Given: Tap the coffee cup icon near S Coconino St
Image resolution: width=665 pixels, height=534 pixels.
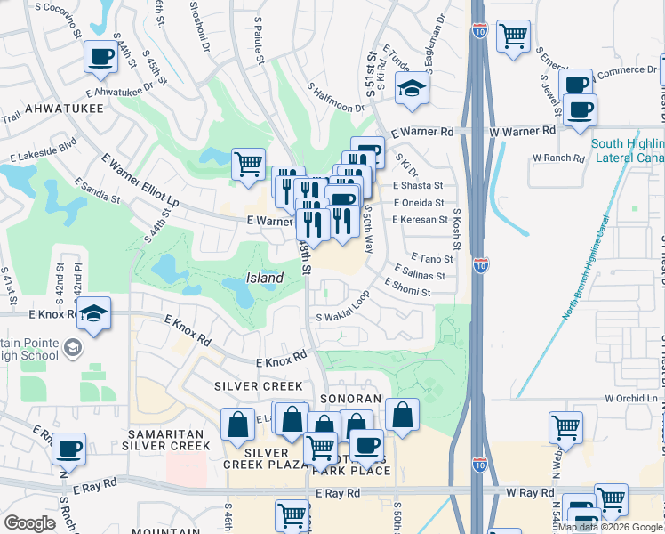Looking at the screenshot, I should click(x=100, y=58).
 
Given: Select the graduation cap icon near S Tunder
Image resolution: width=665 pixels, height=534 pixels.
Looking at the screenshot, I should click(x=413, y=87).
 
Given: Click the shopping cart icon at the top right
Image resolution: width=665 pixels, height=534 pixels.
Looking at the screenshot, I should click(x=513, y=36).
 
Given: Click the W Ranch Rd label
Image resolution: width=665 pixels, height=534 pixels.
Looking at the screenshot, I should click(x=557, y=158).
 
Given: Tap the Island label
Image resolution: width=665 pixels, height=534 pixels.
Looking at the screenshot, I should click(x=265, y=278).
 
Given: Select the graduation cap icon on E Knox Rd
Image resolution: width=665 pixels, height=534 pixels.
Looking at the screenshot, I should click(x=93, y=313).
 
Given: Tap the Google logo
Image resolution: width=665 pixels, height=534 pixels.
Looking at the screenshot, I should click(x=29, y=522).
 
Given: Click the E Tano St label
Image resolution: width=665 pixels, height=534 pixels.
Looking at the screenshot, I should click(x=432, y=259).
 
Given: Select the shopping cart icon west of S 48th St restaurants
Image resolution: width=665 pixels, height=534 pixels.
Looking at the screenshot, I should click(x=248, y=163).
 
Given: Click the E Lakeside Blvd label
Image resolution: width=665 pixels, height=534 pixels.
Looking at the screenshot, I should click(x=44, y=151).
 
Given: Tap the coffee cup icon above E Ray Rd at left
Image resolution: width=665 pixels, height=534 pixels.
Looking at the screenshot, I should click(x=68, y=448).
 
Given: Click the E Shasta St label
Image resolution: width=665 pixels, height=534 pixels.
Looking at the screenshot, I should click(x=418, y=186).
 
